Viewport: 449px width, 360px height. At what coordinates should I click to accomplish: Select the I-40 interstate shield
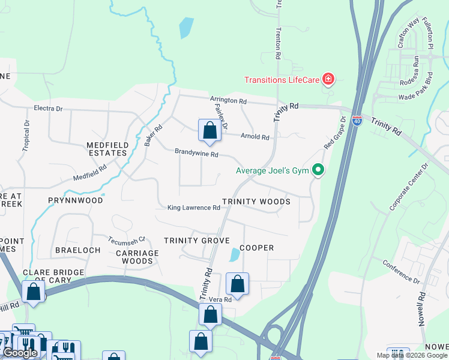(357, 121)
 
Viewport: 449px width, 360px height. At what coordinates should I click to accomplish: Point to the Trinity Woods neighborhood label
(256, 202)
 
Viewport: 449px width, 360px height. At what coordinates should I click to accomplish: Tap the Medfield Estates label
(107, 149)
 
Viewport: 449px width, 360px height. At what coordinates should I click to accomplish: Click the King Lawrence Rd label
(193, 208)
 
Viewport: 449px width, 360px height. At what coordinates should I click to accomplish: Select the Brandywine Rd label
(196, 154)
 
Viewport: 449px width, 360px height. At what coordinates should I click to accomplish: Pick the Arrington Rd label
(228, 101)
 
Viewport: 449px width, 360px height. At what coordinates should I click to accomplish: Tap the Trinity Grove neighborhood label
(197, 241)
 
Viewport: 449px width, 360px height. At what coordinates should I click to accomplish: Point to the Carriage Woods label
(137, 257)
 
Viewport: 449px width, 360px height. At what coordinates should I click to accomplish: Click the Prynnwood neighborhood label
(75, 200)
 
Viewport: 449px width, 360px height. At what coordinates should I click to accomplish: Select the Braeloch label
(77, 250)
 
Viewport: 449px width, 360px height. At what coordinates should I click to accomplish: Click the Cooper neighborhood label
(256, 248)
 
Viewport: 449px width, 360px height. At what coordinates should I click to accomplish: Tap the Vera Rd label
(220, 299)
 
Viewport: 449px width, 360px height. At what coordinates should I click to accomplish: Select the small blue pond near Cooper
(234, 255)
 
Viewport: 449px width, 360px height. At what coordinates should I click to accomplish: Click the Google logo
(20, 353)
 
